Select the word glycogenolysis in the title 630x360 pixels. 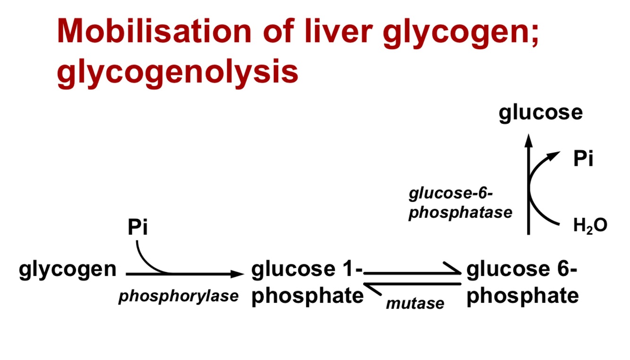click(x=178, y=72)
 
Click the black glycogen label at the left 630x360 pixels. click(x=68, y=269)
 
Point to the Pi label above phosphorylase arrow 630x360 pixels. click(x=137, y=228)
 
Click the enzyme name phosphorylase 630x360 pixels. click(x=178, y=297)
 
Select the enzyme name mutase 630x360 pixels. click(x=415, y=303)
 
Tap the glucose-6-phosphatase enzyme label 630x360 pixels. click(x=460, y=203)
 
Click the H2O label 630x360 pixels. click(x=590, y=226)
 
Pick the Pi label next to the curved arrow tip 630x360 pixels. click(x=583, y=160)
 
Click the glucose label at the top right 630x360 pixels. click(x=541, y=113)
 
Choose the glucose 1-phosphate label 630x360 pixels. click(x=307, y=283)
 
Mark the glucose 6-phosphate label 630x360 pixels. click(x=522, y=283)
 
